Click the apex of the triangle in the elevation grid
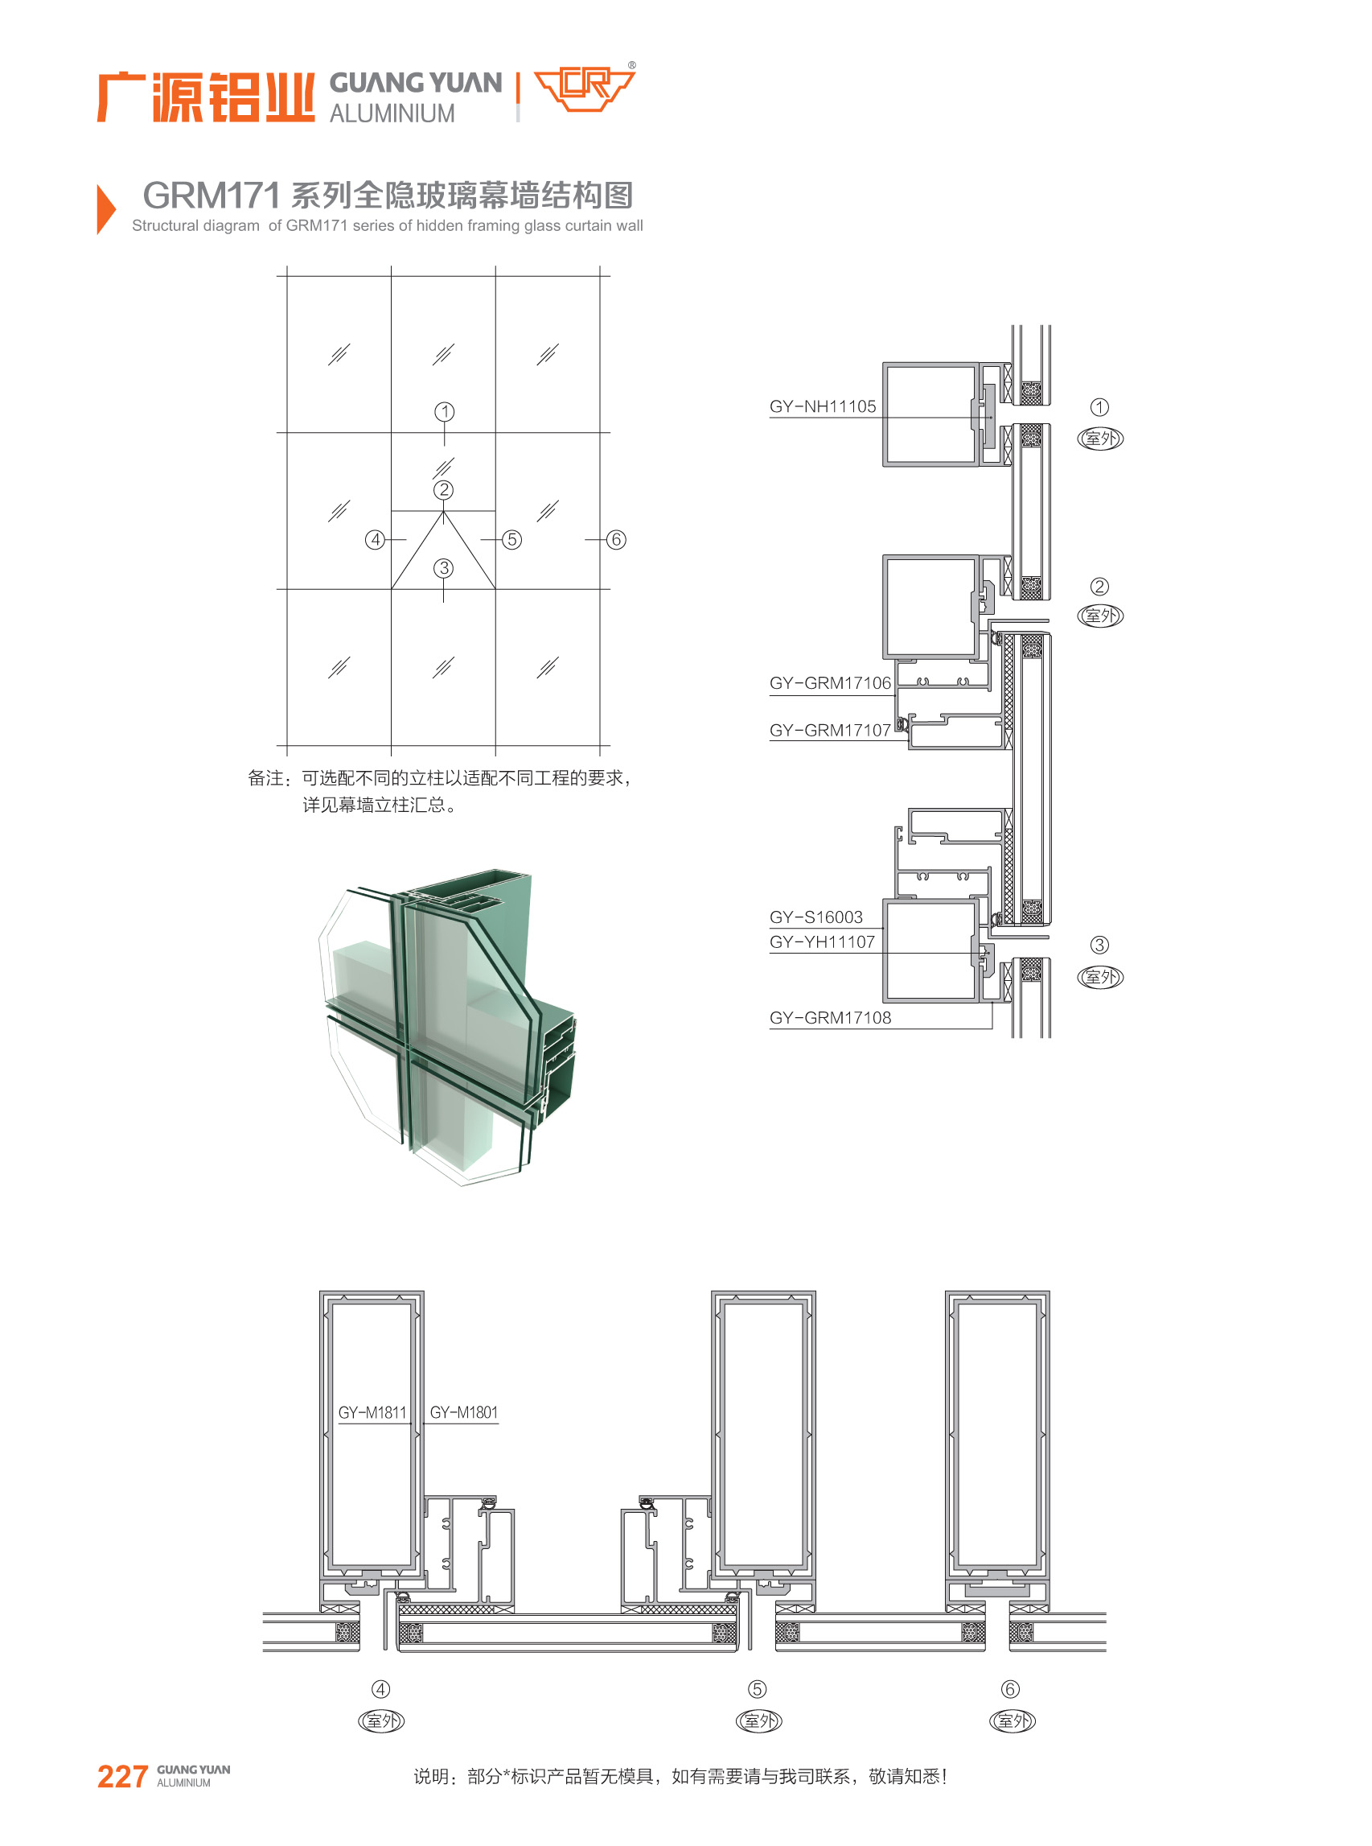pyautogui.click(x=443, y=512)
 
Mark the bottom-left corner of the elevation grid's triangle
pyautogui.click(x=391, y=589)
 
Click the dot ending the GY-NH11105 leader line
pyautogui.click(x=991, y=417)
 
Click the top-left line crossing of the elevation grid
pyautogui.click(x=287, y=276)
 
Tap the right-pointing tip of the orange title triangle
pyautogui.click(x=117, y=208)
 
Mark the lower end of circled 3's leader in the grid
pyautogui.click(x=443, y=602)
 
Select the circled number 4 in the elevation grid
pyautogui.click(x=376, y=540)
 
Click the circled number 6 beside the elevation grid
pyautogui.click(x=616, y=540)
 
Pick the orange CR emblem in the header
pyautogui.click(x=584, y=88)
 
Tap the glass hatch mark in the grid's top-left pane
pyautogui.click(x=339, y=354)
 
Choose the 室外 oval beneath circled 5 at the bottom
pyautogui.click(x=759, y=1720)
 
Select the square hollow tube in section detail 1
pyautogui.click(x=930, y=414)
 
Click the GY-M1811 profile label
pyautogui.click(x=372, y=1412)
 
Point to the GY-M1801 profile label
pyautogui.click(x=463, y=1412)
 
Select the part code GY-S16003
pyautogui.click(x=815, y=917)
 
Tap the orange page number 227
pyautogui.click(x=123, y=1776)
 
